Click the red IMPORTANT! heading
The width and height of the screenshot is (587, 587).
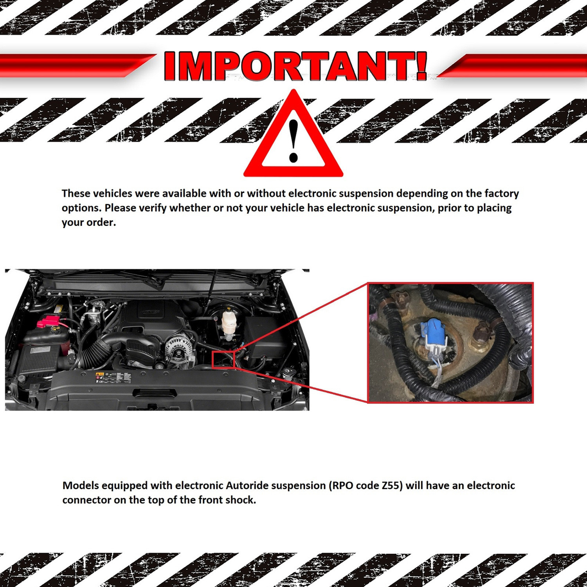tap(295, 66)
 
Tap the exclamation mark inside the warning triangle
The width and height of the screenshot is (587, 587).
tap(293, 141)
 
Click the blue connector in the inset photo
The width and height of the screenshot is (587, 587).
tap(435, 333)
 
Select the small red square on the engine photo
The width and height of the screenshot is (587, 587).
tap(223, 360)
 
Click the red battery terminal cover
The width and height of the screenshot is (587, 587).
tap(49, 322)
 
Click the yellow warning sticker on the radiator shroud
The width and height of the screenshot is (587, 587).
tap(99, 377)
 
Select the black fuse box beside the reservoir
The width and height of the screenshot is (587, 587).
tap(266, 337)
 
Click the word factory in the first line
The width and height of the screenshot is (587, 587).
tap(502, 194)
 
